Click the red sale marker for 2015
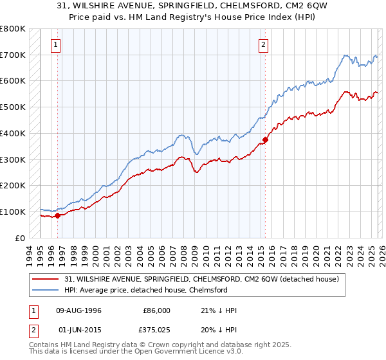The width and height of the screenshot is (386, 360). coord(265,139)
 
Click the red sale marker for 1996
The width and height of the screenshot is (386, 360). coord(57,215)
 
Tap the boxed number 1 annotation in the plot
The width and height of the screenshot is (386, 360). coord(57,45)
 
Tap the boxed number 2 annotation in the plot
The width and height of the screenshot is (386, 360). coord(264,45)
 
